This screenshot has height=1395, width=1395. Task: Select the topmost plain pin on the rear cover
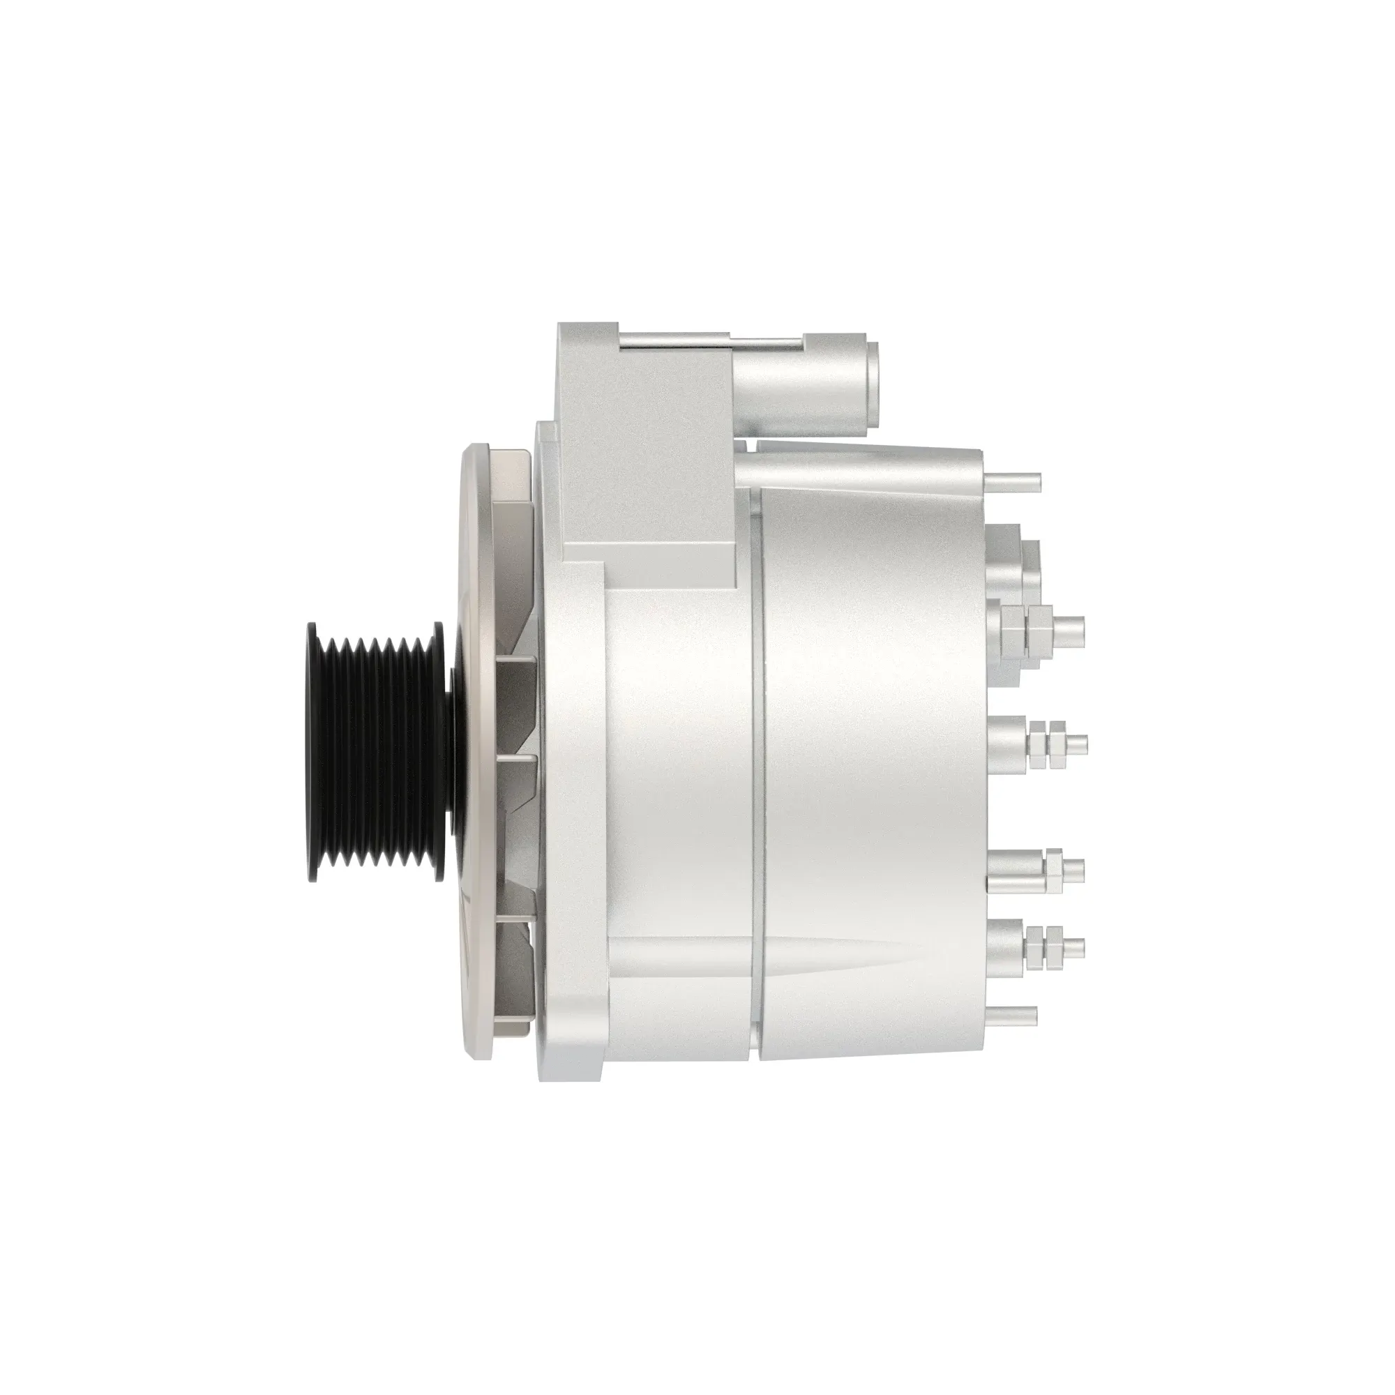tap(1013, 480)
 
